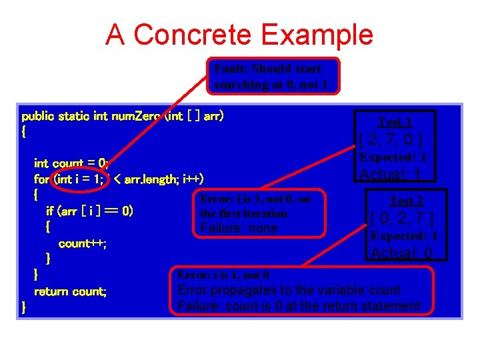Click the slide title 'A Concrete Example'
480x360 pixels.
click(239, 35)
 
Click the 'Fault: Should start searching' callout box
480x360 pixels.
click(272, 76)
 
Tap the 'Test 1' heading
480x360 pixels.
click(395, 122)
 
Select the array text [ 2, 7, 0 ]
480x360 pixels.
click(390, 140)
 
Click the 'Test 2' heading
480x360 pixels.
click(406, 201)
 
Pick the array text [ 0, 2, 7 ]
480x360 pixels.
click(402, 219)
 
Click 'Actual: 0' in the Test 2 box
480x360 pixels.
click(401, 253)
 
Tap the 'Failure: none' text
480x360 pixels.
click(239, 229)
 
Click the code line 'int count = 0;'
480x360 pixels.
click(71, 163)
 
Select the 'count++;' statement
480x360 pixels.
click(83, 243)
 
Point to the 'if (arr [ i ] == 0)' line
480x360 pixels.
click(89, 211)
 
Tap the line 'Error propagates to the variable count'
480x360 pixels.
click(289, 290)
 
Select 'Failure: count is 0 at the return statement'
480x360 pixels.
click(299, 306)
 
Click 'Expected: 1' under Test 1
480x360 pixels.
click(393, 158)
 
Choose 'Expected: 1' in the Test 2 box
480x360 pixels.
click(404, 236)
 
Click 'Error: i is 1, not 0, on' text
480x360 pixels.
click(255, 199)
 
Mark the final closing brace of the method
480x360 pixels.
click(23, 307)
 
